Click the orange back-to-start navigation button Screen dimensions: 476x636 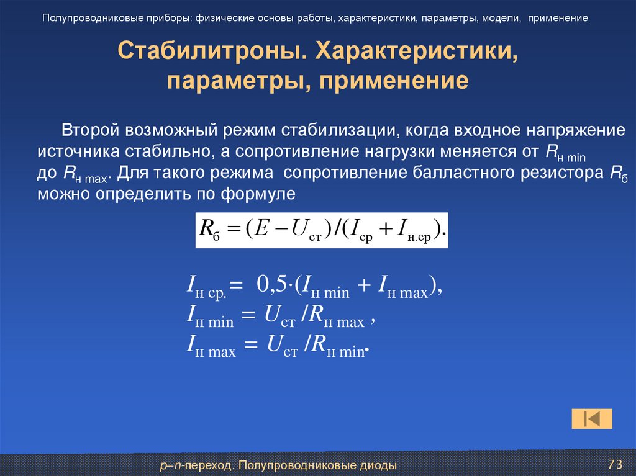pos(592,418)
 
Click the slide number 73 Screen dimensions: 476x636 pos(614,464)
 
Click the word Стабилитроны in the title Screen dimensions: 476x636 pos(212,53)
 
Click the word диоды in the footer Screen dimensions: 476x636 pos(378,464)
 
